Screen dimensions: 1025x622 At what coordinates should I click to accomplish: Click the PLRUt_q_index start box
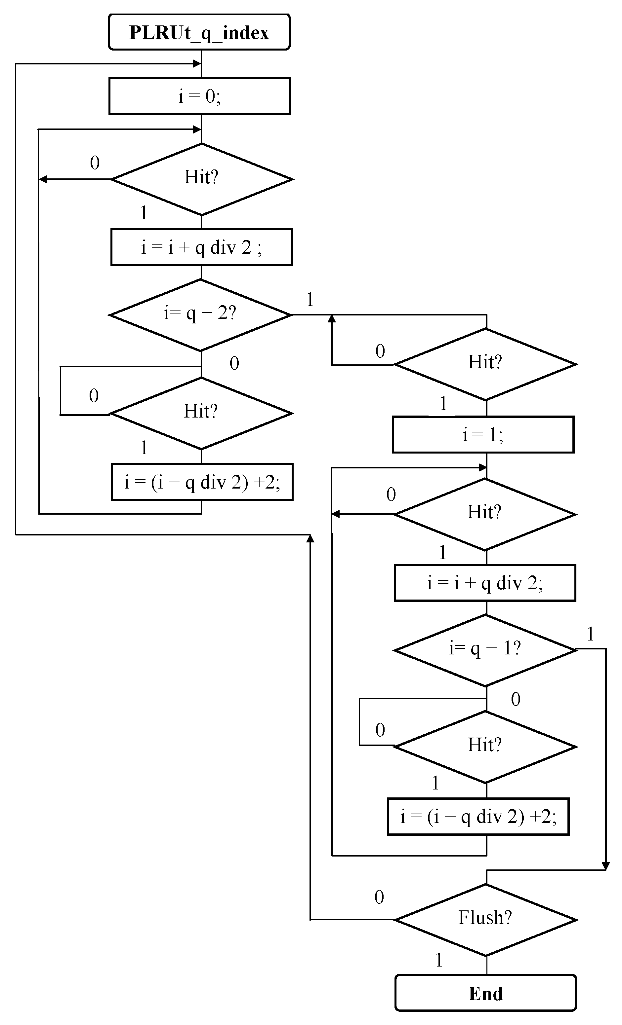[x=199, y=32]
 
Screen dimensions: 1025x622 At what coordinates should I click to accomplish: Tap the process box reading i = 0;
[x=199, y=96]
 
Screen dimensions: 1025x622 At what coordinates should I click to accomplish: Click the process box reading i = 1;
[x=483, y=435]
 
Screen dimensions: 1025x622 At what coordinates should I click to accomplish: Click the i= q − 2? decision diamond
[x=200, y=315]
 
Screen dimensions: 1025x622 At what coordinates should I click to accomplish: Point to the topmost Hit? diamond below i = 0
[x=201, y=179]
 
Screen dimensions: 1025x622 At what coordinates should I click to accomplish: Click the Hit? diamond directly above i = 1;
[x=485, y=364]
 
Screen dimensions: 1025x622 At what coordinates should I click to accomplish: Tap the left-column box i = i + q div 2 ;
[x=201, y=247]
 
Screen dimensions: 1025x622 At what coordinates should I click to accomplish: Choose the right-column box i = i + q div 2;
[x=485, y=583]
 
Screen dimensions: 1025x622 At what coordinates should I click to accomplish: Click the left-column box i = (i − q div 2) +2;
[x=202, y=482]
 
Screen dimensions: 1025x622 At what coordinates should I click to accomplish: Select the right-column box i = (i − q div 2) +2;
[x=478, y=817]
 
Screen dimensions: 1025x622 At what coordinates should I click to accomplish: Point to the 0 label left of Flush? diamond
[x=379, y=897]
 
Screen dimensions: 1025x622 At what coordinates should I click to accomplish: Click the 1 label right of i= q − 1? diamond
[x=590, y=634]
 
